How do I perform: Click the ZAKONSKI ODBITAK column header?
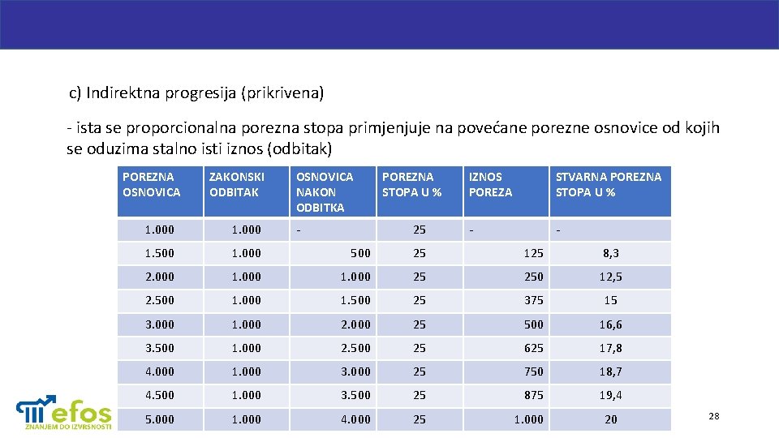[x=237, y=184]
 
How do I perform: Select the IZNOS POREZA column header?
[x=491, y=184]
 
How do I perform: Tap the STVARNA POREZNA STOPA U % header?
[x=608, y=184]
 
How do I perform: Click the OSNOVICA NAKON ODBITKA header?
[x=324, y=191]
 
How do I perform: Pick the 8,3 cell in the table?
[x=610, y=253]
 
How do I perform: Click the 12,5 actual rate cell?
[x=610, y=277]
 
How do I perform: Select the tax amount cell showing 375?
[x=533, y=300]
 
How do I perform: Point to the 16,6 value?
[x=610, y=324]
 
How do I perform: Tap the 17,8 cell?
[x=610, y=348]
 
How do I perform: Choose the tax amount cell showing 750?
[x=533, y=371]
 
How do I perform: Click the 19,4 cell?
[x=610, y=395]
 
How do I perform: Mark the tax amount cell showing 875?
[x=533, y=395]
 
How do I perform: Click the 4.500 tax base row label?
[x=159, y=395]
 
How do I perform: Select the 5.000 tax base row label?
[x=159, y=419]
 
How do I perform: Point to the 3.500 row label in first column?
[x=159, y=348]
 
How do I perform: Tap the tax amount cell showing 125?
[x=533, y=253]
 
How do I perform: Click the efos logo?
[x=65, y=411]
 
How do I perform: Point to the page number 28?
[x=714, y=416]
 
